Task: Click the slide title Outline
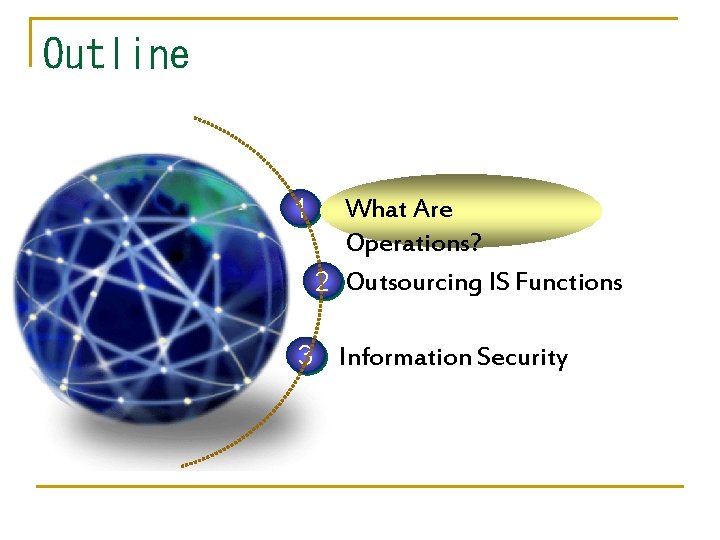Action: coord(116,53)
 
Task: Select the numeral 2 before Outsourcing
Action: coord(321,282)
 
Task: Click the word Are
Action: coord(433,209)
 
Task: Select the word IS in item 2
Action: coord(500,282)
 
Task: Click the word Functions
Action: coord(569,282)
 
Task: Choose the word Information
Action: coord(405,357)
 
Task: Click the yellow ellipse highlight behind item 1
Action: coord(540,205)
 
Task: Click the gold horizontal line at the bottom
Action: coord(360,487)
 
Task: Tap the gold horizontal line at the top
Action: coord(360,18)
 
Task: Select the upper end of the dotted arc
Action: coord(196,119)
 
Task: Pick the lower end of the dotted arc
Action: coord(183,465)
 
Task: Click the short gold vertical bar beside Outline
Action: coord(32,42)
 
